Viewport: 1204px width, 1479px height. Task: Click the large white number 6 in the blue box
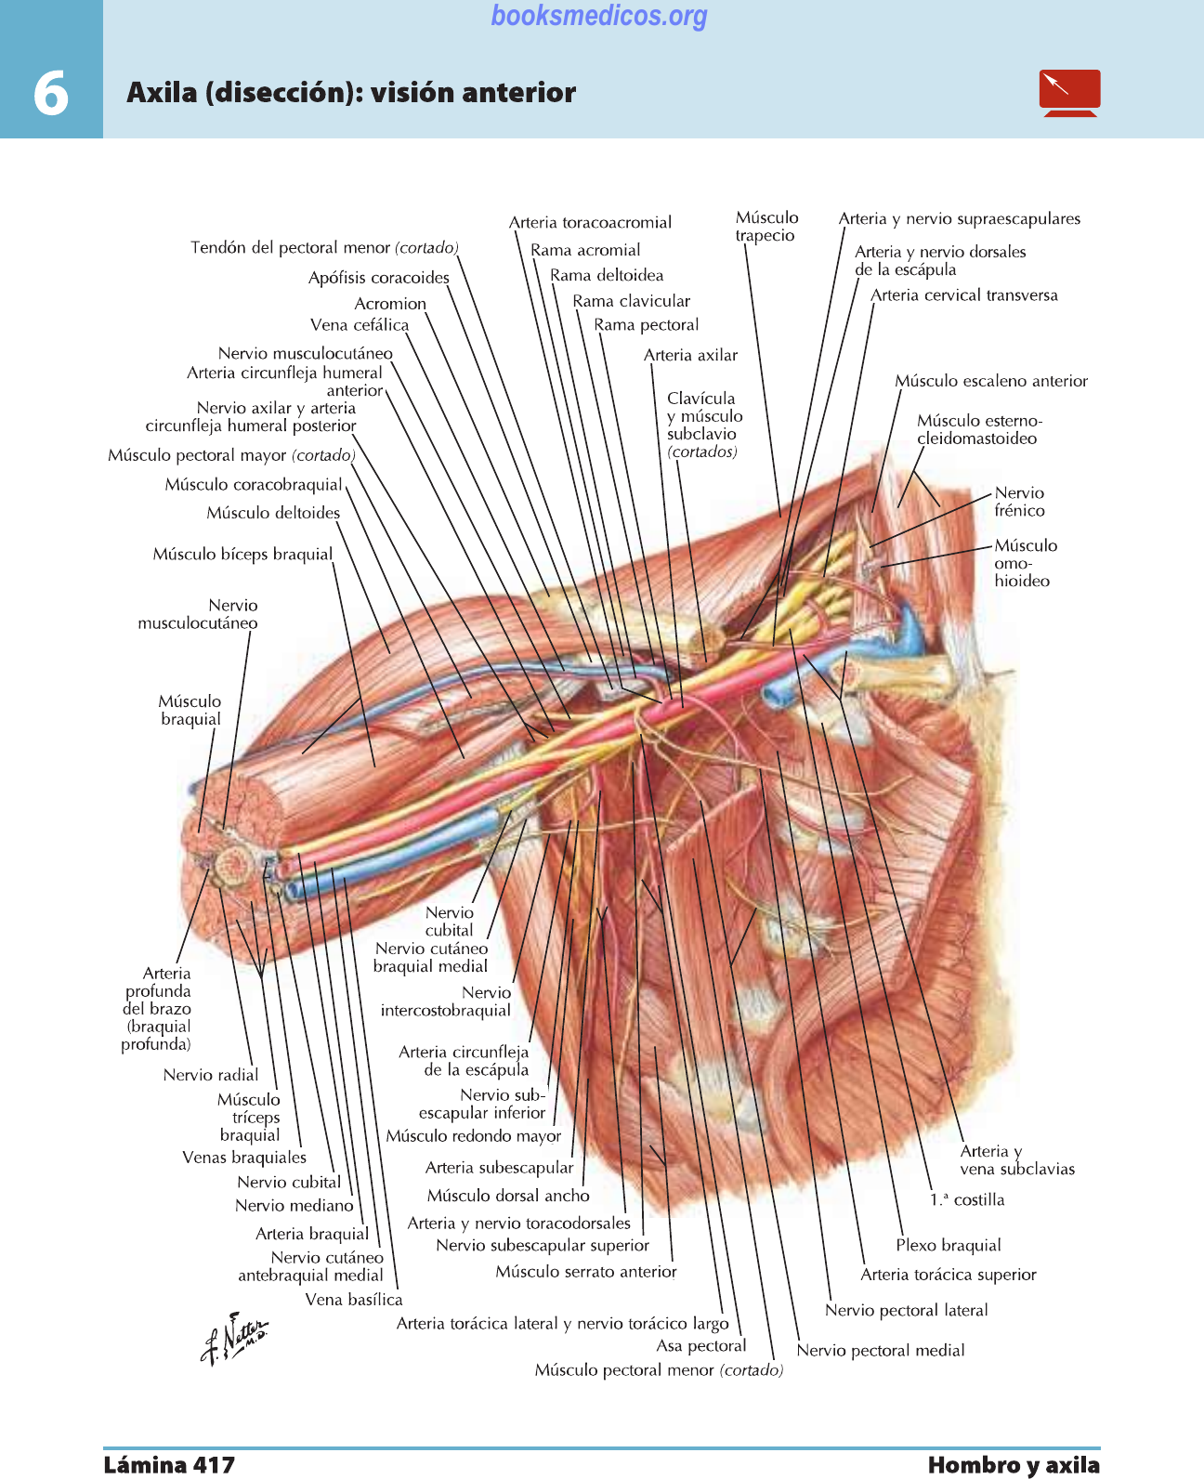tap(51, 93)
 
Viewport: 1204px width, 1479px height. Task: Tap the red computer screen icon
tap(1069, 93)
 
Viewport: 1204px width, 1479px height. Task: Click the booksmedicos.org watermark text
tap(599, 15)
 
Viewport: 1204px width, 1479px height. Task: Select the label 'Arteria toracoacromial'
tap(590, 222)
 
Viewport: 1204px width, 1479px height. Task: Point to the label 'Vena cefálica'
tap(360, 325)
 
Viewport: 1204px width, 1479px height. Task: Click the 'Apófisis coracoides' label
tap(379, 278)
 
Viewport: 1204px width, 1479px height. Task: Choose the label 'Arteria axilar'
tap(690, 355)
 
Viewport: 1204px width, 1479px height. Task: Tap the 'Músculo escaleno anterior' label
tap(991, 381)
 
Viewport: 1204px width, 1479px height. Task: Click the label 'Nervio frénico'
tap(1019, 502)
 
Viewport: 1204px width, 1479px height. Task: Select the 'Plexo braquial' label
tap(948, 1245)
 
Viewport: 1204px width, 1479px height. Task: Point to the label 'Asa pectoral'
tap(701, 1345)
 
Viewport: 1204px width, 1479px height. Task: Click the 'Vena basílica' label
tap(354, 1299)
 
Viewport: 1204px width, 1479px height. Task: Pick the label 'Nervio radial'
tap(210, 1075)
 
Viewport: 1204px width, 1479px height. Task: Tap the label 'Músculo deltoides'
tap(273, 513)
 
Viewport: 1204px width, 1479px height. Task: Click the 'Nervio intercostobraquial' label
tap(446, 1001)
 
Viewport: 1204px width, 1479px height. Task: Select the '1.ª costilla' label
tap(967, 1199)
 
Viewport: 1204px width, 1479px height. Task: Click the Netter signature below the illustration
tap(234, 1338)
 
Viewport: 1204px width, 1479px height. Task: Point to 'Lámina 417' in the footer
tap(169, 1465)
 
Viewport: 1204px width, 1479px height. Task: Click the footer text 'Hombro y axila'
tap(1014, 1465)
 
